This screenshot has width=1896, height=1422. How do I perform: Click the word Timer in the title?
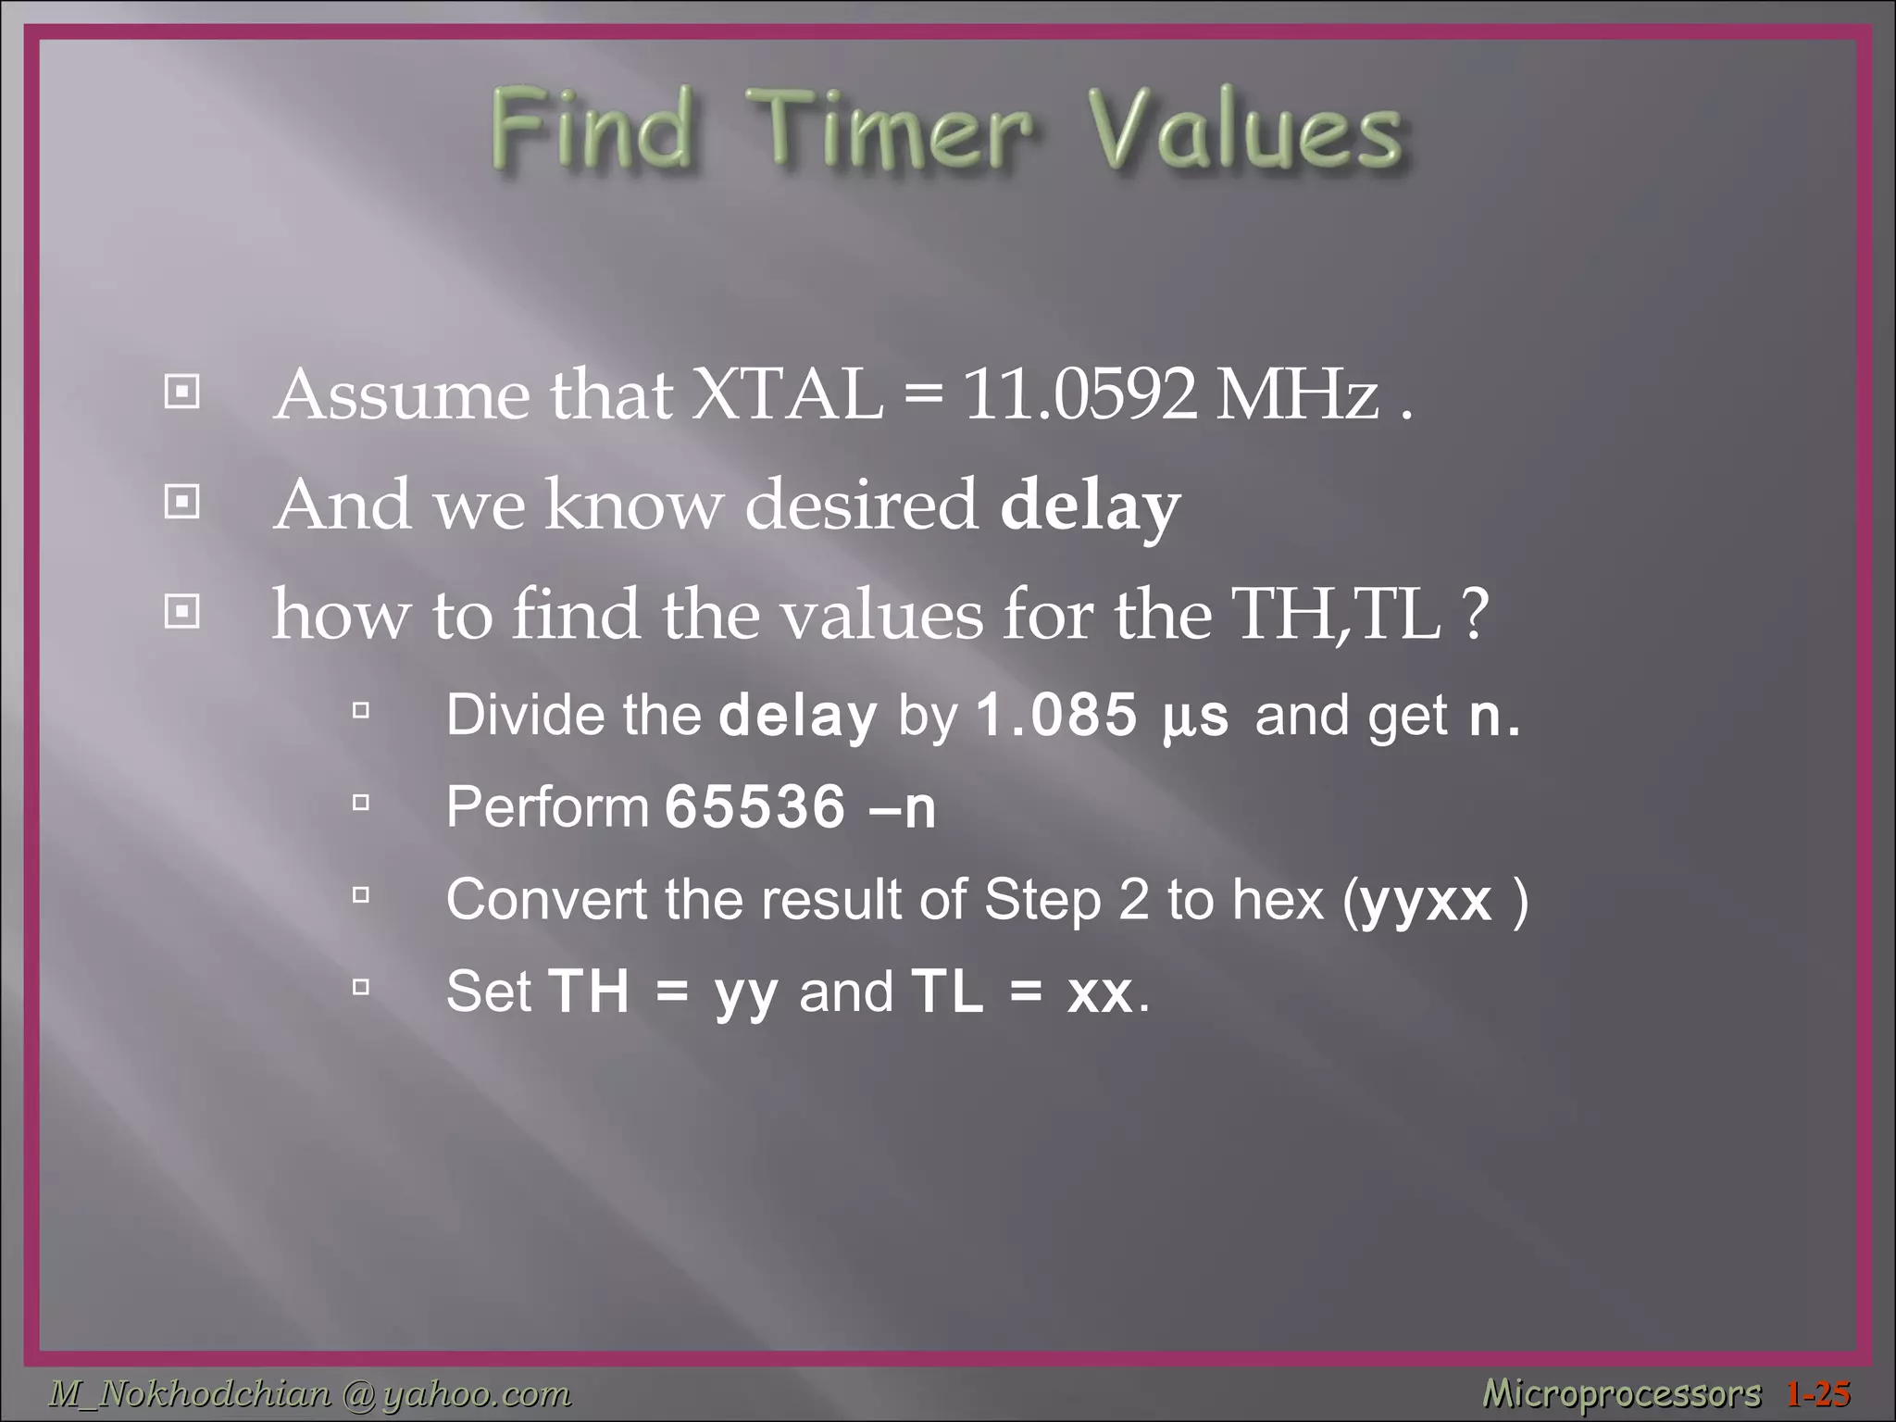893,130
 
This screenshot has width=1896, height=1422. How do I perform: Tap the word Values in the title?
1243,130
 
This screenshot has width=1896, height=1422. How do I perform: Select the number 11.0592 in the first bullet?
1079,395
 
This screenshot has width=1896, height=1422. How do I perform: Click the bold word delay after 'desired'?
1090,505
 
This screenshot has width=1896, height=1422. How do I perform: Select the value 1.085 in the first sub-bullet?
1056,716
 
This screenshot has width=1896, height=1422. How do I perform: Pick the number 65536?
755,807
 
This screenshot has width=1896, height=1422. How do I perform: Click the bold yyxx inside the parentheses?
1427,900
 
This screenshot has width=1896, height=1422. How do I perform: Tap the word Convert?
546,900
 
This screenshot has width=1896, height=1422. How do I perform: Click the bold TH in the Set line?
589,992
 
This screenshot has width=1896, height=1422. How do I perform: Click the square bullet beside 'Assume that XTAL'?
181,393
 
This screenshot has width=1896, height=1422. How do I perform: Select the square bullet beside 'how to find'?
181,612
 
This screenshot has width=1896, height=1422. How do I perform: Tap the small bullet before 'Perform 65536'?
361,803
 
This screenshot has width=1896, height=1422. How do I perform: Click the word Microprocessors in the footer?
1621,1393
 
